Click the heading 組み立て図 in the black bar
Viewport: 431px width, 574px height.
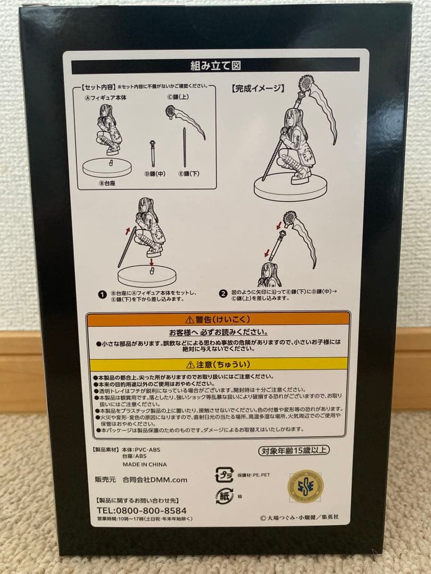(x=215, y=66)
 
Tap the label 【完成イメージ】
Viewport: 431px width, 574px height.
(x=258, y=88)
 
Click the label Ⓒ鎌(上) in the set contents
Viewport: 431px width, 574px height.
(x=177, y=97)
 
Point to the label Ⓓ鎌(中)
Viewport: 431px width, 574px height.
(x=154, y=174)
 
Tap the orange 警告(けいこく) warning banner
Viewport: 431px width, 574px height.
(x=219, y=319)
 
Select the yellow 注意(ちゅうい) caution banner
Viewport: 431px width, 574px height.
(x=219, y=365)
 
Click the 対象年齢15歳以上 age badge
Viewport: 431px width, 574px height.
(x=294, y=451)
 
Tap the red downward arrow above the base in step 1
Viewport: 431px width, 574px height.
(x=152, y=261)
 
